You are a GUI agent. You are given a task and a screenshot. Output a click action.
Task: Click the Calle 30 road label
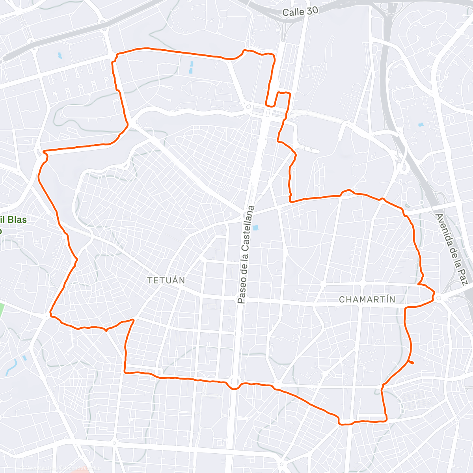pyautogui.click(x=300, y=12)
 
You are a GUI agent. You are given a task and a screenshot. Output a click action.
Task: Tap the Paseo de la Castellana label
pyautogui.click(x=247, y=255)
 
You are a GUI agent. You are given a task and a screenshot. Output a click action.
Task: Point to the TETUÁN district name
pyautogui.click(x=166, y=281)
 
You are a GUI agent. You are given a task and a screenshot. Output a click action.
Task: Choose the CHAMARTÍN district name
pyautogui.click(x=367, y=300)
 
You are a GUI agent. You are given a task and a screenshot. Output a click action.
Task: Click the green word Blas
pyautogui.click(x=16, y=220)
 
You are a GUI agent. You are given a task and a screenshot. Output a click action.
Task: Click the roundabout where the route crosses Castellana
pyautogui.click(x=234, y=382)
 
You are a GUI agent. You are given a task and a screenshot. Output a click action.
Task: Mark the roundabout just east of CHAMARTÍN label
pyautogui.click(x=439, y=298)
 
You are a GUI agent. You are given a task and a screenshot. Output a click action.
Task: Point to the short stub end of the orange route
pyautogui.click(x=412, y=363)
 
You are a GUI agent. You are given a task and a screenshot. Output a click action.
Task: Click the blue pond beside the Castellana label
pyautogui.click(x=255, y=228)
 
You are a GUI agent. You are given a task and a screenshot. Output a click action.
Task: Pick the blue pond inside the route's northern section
pyautogui.click(x=191, y=67)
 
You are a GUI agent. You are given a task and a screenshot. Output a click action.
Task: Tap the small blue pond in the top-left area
pyautogui.click(x=60, y=56)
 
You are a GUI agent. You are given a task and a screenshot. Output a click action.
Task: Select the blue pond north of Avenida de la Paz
pyautogui.click(x=420, y=125)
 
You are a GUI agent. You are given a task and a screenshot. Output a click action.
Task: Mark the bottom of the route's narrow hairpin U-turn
pyautogui.click(x=271, y=105)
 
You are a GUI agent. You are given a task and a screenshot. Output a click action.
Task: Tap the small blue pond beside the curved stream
pyautogui.click(x=24, y=358)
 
